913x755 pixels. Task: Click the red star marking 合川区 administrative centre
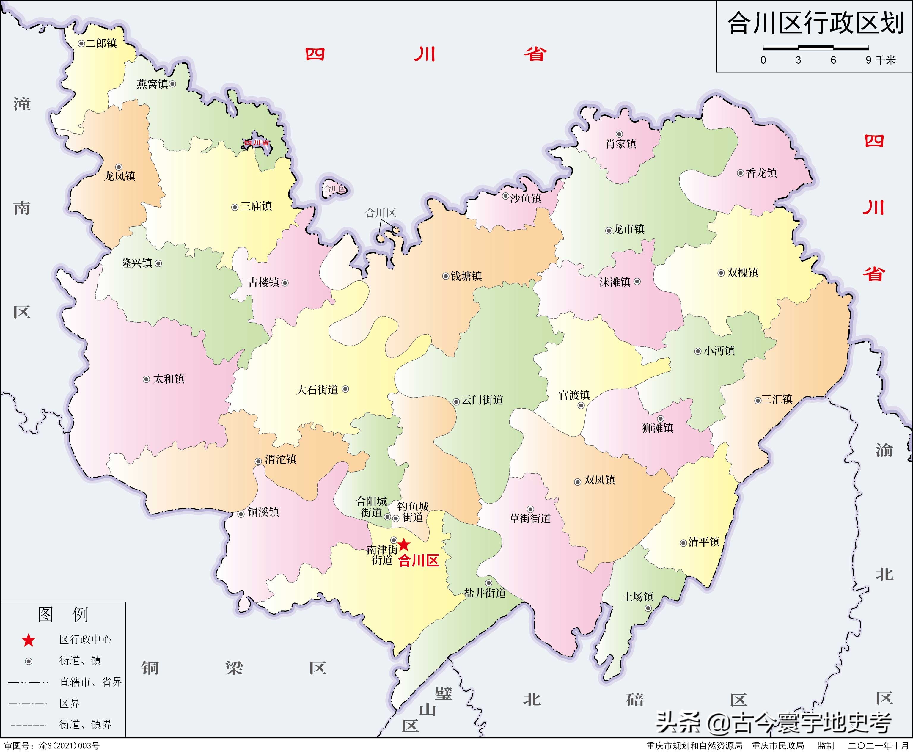click(404, 544)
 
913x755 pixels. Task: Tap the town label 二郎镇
click(101, 43)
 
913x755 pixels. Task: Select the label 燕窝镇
click(152, 84)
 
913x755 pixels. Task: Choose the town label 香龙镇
click(761, 173)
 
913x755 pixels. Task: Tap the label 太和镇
click(169, 379)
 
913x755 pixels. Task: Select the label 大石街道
click(317, 390)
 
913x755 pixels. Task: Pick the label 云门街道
click(482, 400)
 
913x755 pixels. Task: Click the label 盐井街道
click(485, 593)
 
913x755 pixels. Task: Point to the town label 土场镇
click(638, 597)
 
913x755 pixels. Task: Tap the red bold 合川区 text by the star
click(419, 561)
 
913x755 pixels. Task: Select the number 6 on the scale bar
click(833, 60)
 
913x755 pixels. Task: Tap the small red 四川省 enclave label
click(257, 143)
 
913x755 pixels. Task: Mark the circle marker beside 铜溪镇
click(241, 514)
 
